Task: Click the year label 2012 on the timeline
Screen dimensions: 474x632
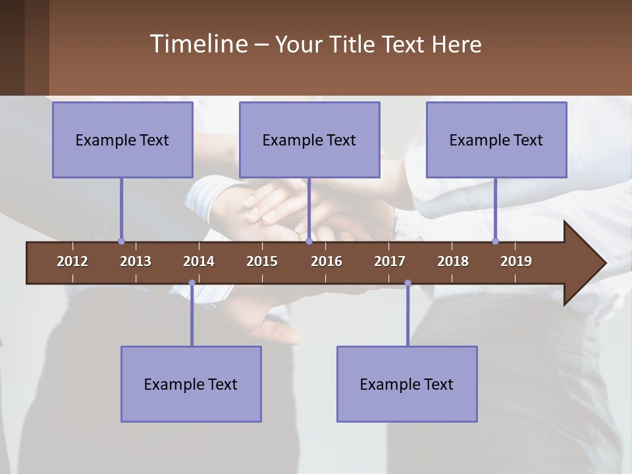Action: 72,261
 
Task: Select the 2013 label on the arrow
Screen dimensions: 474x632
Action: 136,261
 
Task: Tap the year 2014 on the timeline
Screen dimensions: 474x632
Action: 199,261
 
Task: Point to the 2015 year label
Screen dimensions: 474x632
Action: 262,261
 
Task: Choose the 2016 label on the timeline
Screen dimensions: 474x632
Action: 327,261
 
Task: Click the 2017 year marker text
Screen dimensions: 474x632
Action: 390,261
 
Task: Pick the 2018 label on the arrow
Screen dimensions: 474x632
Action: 453,261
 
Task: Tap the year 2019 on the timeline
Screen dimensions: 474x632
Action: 516,261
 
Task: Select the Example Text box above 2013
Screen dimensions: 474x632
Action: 122,140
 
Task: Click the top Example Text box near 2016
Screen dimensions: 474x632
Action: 309,140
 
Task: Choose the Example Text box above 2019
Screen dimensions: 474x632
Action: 496,140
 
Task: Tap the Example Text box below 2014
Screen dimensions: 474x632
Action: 191,384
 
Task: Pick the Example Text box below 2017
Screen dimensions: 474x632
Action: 407,384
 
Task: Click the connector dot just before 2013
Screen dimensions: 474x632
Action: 121,242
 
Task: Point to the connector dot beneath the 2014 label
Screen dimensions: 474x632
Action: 192,283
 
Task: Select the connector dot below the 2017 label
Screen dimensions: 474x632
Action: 408,283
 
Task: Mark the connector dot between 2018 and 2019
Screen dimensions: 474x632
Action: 495,242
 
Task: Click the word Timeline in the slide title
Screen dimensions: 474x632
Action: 198,44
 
